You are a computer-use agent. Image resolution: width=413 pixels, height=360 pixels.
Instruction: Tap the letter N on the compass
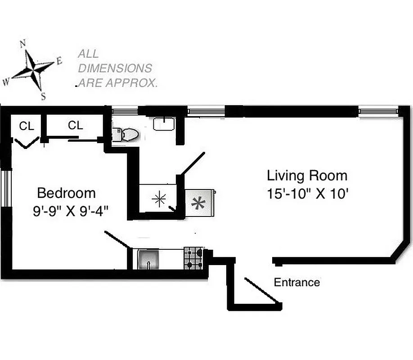[23, 44]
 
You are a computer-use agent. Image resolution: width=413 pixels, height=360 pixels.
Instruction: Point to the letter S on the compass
[43, 96]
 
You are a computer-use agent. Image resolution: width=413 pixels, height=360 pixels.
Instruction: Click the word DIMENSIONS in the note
[115, 68]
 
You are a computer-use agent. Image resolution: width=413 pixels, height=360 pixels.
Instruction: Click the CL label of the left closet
[26, 126]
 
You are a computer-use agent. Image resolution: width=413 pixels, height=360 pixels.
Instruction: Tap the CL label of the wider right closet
[76, 126]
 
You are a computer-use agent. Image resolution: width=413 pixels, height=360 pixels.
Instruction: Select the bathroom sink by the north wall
[163, 124]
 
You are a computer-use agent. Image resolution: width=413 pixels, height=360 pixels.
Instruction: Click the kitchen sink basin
[147, 260]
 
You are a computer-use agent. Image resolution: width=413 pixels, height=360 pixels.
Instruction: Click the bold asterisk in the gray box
[198, 203]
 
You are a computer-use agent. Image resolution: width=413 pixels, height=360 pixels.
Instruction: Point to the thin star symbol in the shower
[158, 199]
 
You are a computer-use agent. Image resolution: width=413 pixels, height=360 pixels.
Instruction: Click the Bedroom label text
[66, 193]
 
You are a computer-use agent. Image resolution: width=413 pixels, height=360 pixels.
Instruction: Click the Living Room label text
[307, 175]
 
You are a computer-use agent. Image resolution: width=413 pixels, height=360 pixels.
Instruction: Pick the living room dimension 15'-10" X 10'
[307, 194]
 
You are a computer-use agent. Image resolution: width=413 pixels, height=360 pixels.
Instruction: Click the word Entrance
[297, 283]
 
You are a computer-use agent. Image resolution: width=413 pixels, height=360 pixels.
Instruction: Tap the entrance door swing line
[261, 290]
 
